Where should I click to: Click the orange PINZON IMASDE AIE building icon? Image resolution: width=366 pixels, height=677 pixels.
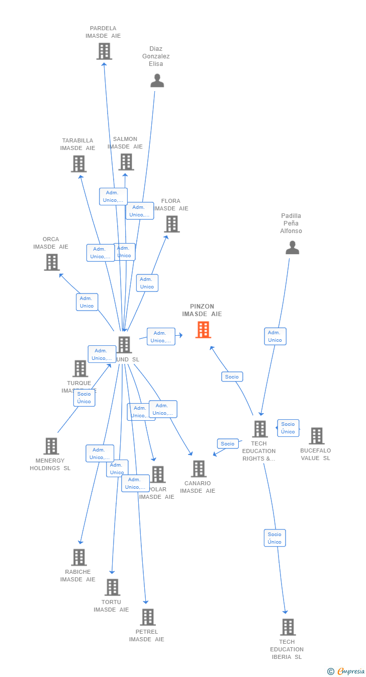click(x=203, y=330)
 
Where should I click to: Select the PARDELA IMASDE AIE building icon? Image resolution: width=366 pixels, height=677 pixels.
click(x=104, y=51)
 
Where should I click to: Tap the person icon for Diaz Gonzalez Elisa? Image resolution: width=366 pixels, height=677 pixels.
click(x=157, y=81)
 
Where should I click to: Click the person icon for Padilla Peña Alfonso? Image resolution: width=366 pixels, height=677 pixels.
click(x=292, y=248)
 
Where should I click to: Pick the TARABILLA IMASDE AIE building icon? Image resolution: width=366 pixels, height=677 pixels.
click(x=78, y=164)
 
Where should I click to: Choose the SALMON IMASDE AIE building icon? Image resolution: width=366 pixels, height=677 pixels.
click(x=126, y=162)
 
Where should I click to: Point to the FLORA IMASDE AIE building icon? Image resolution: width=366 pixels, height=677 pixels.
click(x=171, y=224)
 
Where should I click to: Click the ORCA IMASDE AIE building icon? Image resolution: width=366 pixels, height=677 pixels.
click(x=52, y=262)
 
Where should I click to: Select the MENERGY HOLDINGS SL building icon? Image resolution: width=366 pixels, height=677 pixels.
click(x=51, y=446)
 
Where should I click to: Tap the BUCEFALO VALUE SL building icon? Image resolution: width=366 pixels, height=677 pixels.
click(x=316, y=436)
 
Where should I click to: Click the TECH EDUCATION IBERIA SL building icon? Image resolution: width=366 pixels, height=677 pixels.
click(x=288, y=627)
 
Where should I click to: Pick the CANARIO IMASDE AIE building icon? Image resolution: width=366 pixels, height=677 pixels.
click(x=199, y=469)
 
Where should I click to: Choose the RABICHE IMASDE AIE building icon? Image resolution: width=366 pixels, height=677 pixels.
click(x=79, y=557)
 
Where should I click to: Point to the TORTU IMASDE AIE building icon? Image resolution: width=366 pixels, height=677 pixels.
click(x=112, y=587)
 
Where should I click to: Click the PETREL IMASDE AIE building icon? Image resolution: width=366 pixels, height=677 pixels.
click(x=147, y=617)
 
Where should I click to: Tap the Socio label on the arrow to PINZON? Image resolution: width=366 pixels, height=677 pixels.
click(x=232, y=377)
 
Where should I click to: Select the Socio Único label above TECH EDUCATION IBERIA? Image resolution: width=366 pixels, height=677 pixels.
click(x=274, y=538)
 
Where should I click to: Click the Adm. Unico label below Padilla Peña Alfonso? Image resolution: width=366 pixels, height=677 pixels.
click(x=275, y=336)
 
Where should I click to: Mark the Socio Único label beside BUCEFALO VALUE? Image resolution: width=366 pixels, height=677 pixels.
click(x=288, y=428)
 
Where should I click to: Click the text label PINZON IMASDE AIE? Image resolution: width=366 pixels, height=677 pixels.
click(x=202, y=310)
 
